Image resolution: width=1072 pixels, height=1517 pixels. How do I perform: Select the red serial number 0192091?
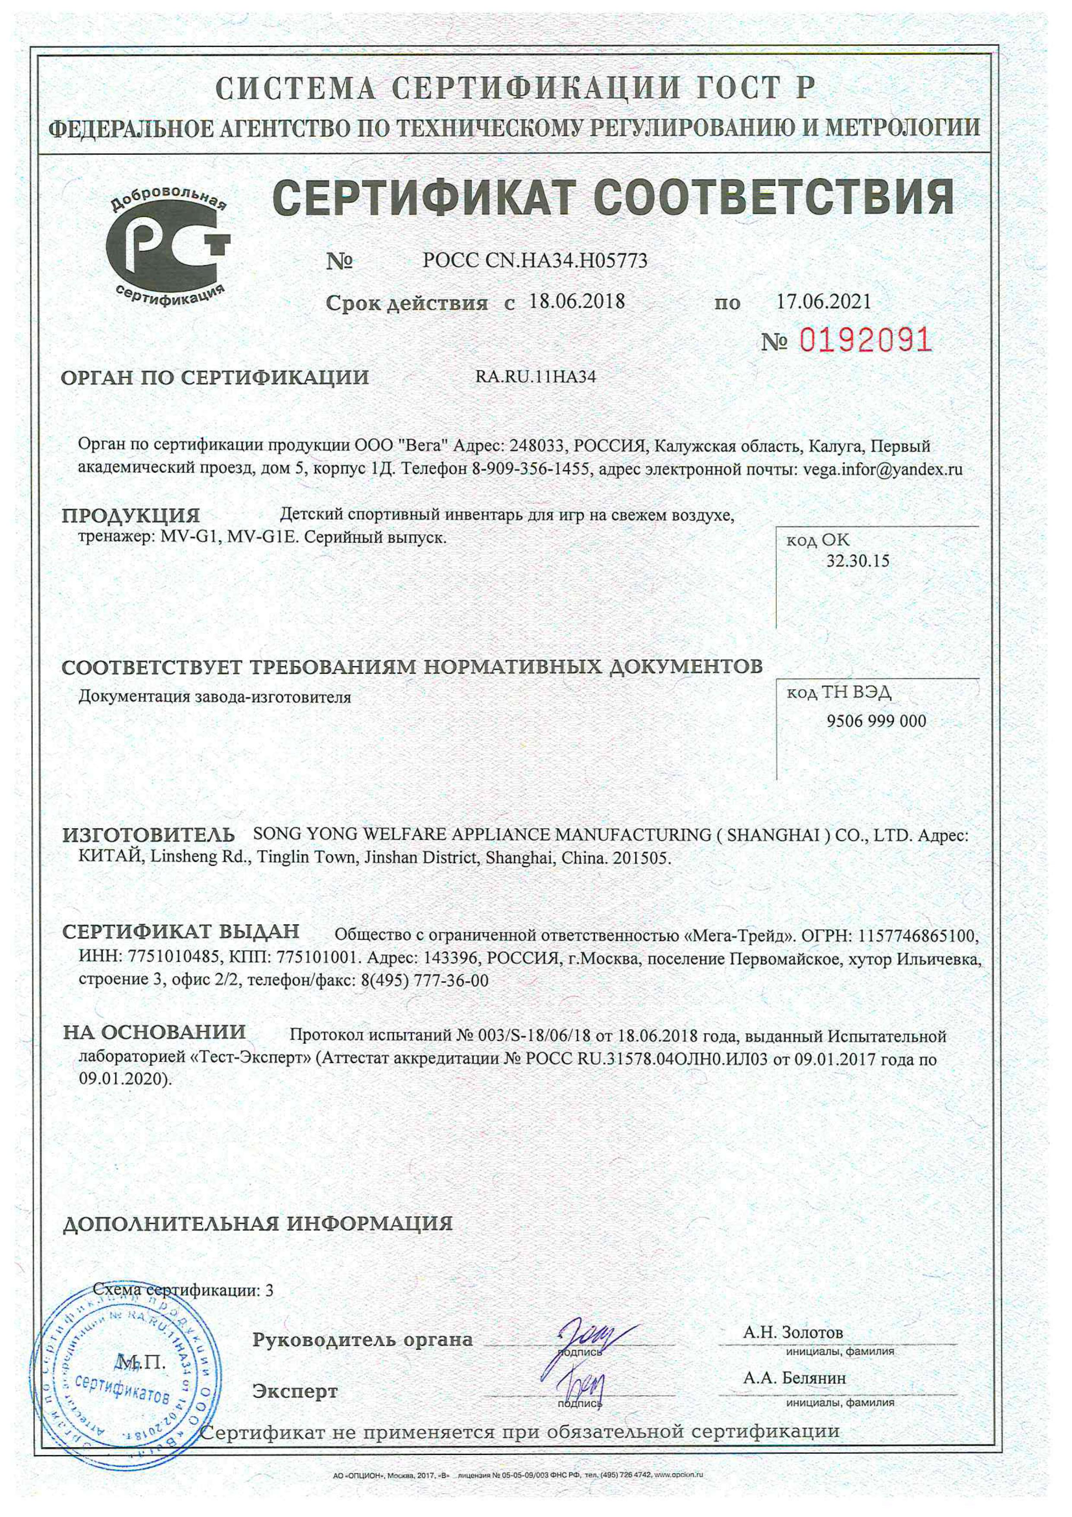click(x=865, y=340)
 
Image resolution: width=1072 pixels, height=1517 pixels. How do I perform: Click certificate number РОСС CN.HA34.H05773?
click(x=535, y=261)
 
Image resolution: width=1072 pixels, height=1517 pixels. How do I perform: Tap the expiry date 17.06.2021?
click(x=823, y=302)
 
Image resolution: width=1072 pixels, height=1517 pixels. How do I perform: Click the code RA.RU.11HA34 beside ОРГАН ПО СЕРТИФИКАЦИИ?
click(x=536, y=377)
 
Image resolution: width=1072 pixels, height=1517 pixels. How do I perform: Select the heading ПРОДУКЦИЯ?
click(x=131, y=515)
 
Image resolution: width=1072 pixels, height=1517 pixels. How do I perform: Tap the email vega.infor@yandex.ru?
click(x=882, y=470)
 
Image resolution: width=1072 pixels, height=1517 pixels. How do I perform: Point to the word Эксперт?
click(x=295, y=1392)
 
